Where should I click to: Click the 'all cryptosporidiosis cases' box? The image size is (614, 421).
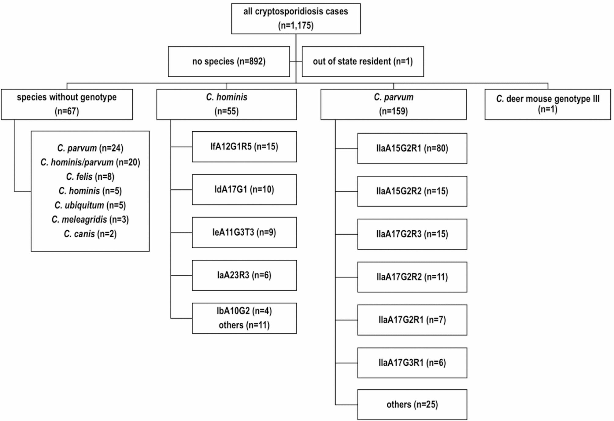pyautogui.click(x=296, y=18)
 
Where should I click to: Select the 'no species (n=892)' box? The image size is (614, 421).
pyautogui.click(x=229, y=61)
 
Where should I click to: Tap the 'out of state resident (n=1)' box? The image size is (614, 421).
pyautogui.click(x=363, y=61)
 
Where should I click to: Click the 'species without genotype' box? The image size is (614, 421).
pyautogui.click(x=67, y=104)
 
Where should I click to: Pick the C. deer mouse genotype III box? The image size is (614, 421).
pyautogui.click(x=547, y=104)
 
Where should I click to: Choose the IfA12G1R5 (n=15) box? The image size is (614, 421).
pyautogui.click(x=244, y=147)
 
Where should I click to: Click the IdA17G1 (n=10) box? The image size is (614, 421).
pyautogui.click(x=244, y=189)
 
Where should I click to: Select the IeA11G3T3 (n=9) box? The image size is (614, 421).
pyautogui.click(x=244, y=232)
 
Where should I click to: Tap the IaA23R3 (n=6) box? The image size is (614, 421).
pyautogui.click(x=244, y=275)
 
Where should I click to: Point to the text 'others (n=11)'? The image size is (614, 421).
pyautogui.click(x=244, y=325)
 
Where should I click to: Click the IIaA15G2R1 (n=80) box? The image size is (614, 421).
pyautogui.click(x=412, y=148)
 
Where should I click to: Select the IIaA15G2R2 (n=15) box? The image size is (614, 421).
pyautogui.click(x=412, y=191)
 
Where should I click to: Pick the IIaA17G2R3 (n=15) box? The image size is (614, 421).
pyautogui.click(x=412, y=234)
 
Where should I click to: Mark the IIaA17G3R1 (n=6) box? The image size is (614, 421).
pyautogui.click(x=412, y=363)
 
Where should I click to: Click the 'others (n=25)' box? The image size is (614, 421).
pyautogui.click(x=412, y=405)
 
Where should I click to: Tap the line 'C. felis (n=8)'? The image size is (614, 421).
pyautogui.click(x=90, y=177)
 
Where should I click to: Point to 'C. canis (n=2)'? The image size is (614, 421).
pyautogui.click(x=90, y=234)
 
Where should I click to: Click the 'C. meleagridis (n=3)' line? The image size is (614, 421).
pyautogui.click(x=90, y=219)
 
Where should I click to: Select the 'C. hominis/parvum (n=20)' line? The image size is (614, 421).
pyautogui.click(x=90, y=162)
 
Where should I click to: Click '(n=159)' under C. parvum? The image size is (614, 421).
pyautogui.click(x=393, y=111)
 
